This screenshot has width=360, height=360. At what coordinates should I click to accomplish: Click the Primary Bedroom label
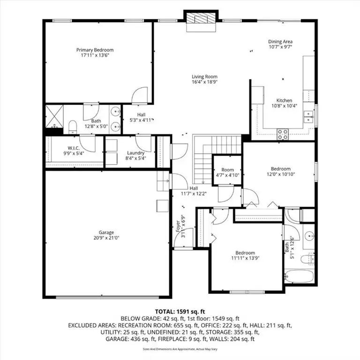pyautogui.click(x=95, y=50)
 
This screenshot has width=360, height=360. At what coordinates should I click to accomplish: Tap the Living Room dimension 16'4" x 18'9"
pyautogui.click(x=204, y=82)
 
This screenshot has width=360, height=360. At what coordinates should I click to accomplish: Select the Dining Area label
pyautogui.click(x=280, y=41)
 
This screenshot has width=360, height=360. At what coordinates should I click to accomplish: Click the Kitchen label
pyautogui.click(x=284, y=100)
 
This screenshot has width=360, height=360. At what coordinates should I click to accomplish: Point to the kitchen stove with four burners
pyautogui.click(x=283, y=134)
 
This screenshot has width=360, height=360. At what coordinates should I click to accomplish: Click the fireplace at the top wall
pyautogui.click(x=201, y=19)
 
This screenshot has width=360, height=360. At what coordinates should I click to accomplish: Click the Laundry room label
pyautogui.click(x=136, y=153)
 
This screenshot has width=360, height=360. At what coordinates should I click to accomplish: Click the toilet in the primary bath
pyautogui.click(x=73, y=126)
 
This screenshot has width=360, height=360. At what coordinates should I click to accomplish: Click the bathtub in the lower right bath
pyautogui.click(x=299, y=276)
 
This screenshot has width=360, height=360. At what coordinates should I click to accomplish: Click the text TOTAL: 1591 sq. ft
pyautogui.click(x=180, y=311)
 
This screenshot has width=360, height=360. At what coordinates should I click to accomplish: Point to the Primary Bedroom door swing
pyautogui.click(x=140, y=96)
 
